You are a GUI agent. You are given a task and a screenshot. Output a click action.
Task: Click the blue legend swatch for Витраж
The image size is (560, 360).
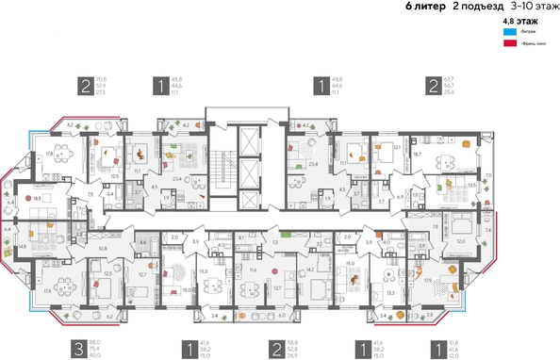[x=508, y=31]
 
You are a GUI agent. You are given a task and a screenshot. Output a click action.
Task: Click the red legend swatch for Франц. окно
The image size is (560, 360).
[x=508, y=43]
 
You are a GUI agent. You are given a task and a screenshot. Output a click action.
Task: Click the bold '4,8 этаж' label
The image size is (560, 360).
[x=516, y=20]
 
